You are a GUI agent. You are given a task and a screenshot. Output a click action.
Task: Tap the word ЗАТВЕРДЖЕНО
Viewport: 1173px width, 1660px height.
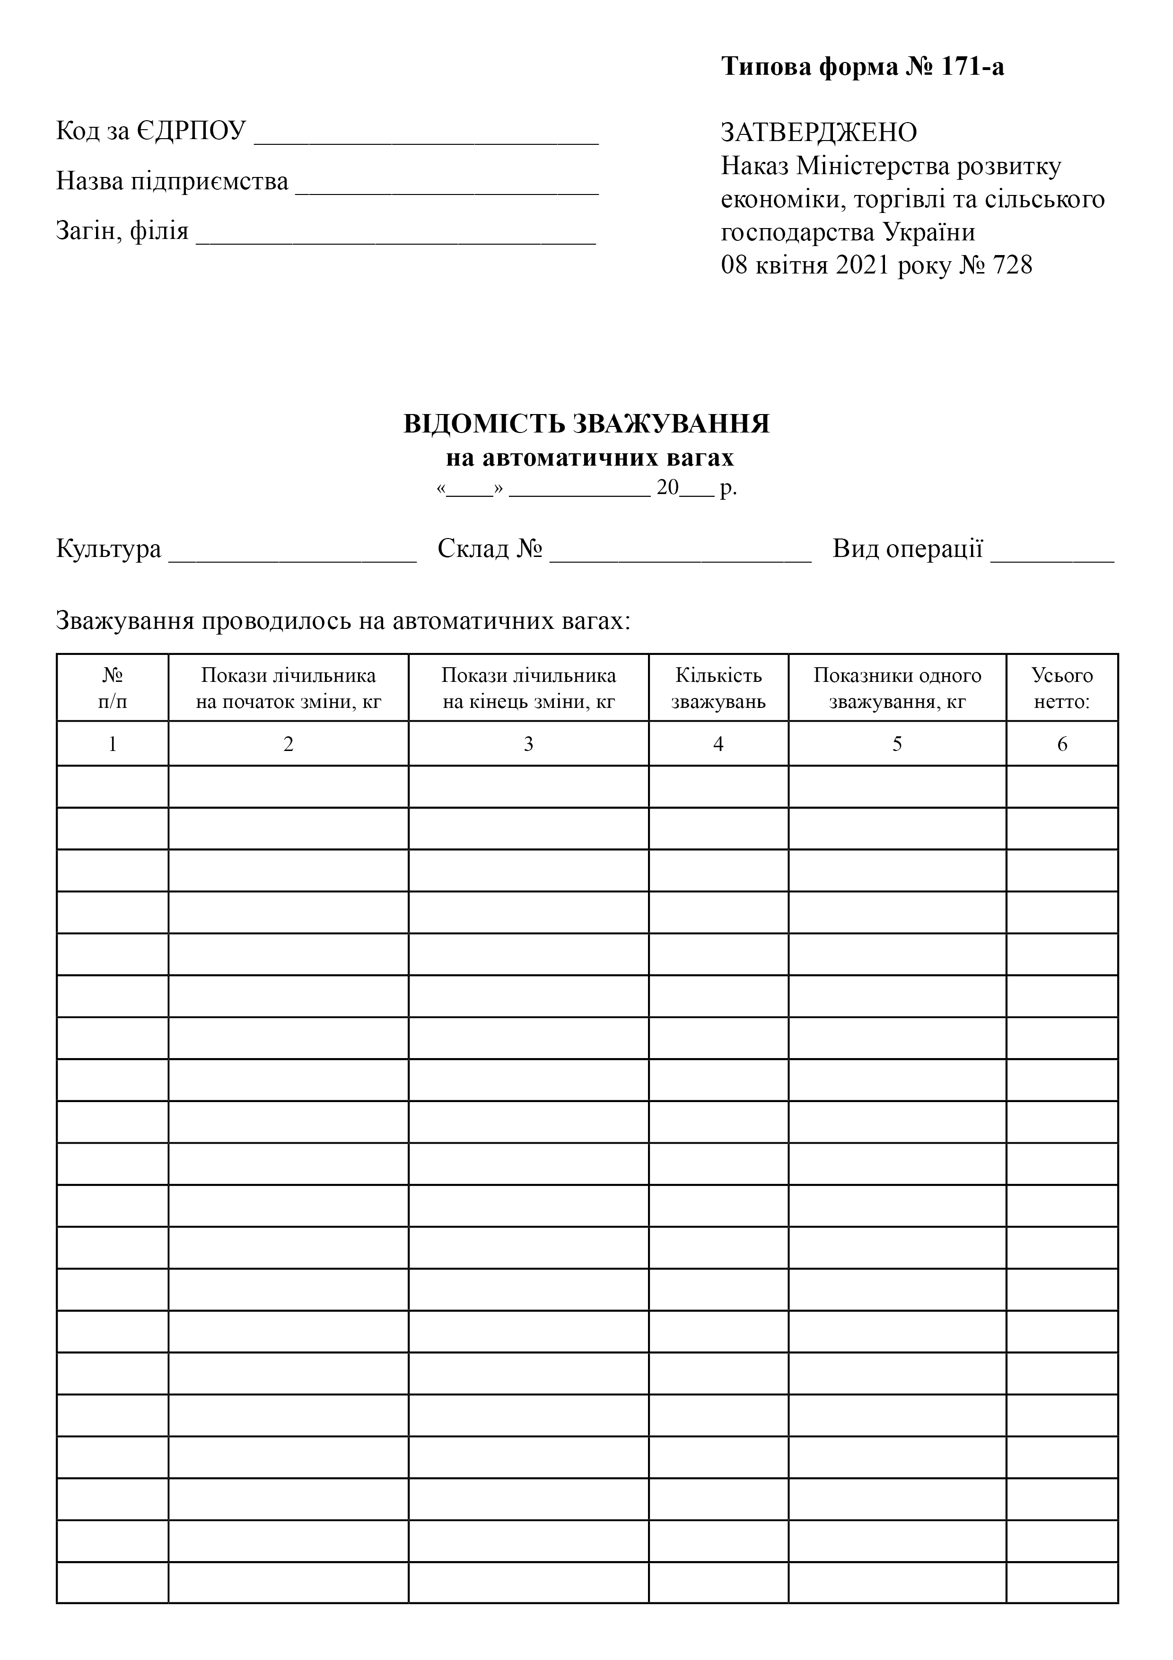(819, 132)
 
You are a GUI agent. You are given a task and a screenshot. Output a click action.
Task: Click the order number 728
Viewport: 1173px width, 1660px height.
(1013, 265)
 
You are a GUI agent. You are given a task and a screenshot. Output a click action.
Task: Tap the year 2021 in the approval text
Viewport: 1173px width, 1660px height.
(862, 265)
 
